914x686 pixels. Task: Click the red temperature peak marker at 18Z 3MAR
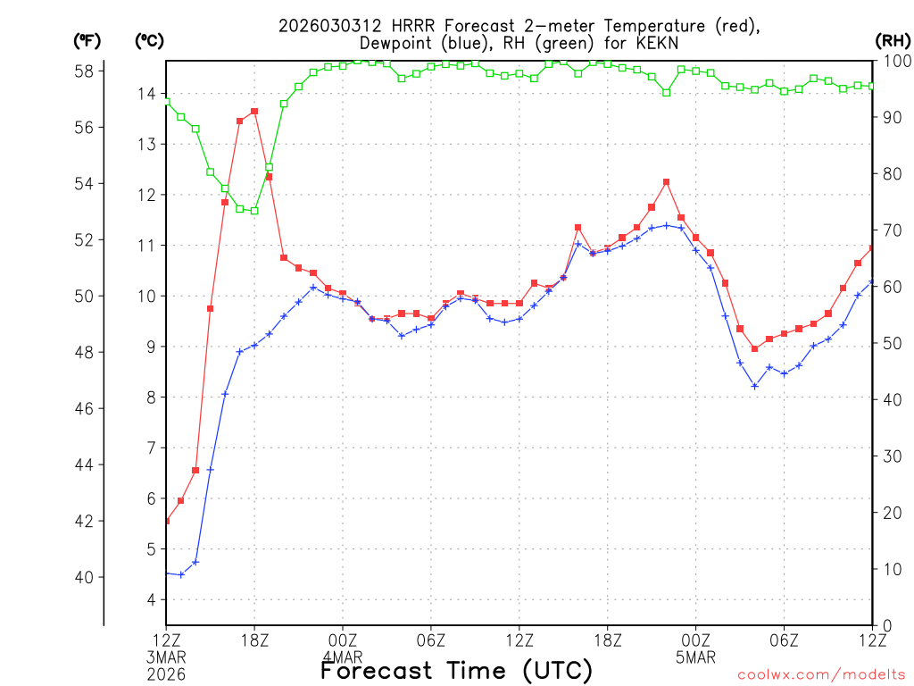254,112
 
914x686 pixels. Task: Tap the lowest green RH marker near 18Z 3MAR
254,211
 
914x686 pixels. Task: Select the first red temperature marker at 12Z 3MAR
167,521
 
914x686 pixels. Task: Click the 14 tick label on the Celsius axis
145,94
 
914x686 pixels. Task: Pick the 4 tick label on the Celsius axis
150,599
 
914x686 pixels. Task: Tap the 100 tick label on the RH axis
895,61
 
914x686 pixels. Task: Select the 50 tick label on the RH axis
891,343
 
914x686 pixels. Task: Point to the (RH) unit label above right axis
893,40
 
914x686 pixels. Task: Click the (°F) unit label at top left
87,40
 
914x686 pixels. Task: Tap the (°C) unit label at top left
149,40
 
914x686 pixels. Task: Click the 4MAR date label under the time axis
343,657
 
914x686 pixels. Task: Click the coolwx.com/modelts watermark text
821,673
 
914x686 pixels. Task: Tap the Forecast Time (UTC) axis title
456,670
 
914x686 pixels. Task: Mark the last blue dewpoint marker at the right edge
872,282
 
